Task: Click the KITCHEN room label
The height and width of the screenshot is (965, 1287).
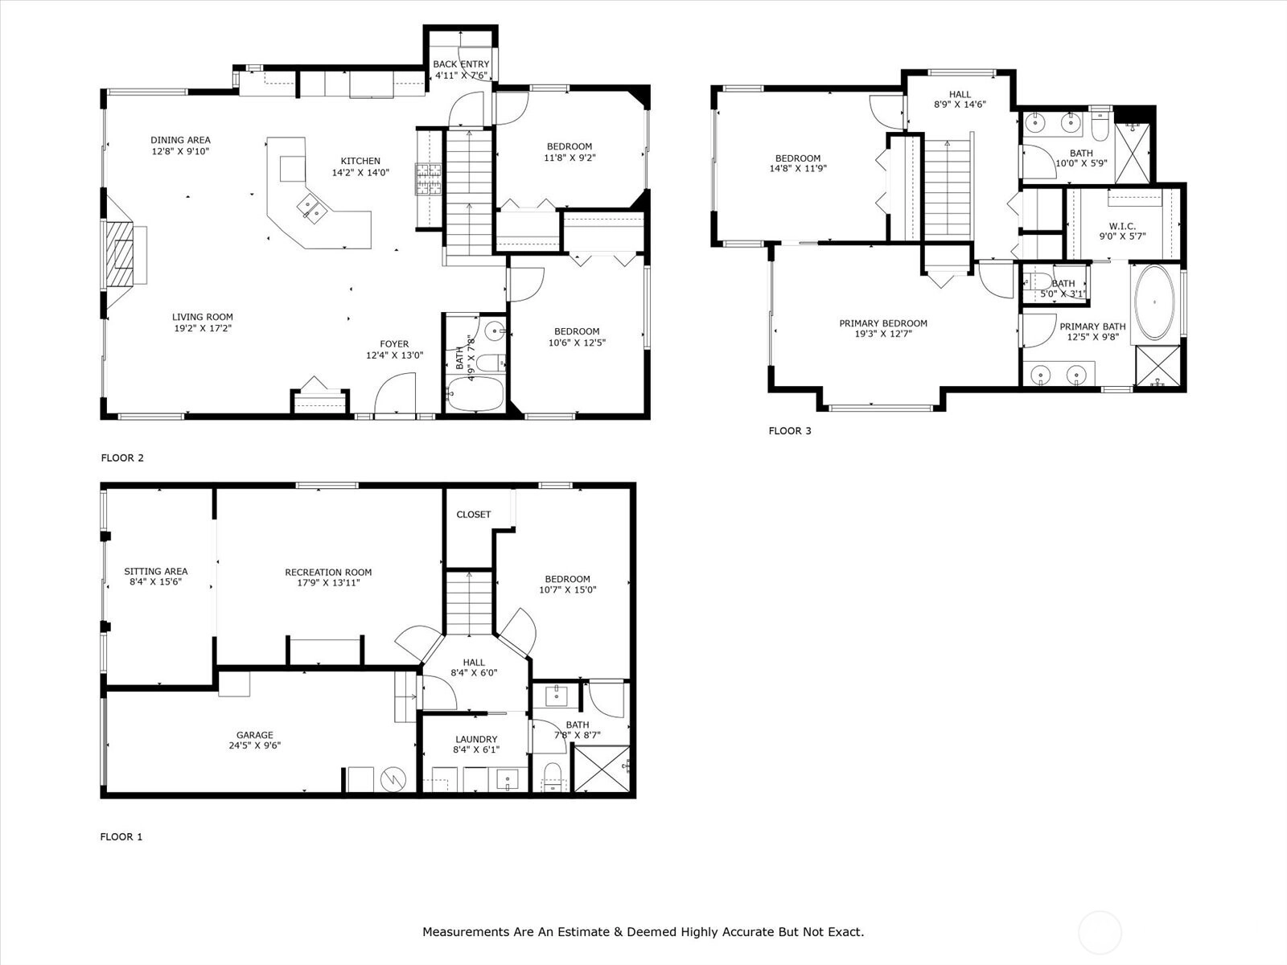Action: coord(360,161)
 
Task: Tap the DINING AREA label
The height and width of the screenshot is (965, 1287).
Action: coord(181,140)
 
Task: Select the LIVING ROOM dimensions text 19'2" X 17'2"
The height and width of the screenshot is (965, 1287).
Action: coord(203,328)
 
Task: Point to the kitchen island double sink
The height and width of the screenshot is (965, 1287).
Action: coord(310,208)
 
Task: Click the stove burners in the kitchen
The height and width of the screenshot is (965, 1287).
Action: coord(429,179)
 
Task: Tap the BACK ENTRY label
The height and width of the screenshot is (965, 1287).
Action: coord(462,64)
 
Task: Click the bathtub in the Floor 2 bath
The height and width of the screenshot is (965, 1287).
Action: coord(475,394)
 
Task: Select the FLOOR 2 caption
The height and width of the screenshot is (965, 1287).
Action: coord(122,458)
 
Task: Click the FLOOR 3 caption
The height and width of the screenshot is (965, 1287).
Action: coord(790,431)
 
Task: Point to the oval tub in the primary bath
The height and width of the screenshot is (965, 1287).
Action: coord(1154,302)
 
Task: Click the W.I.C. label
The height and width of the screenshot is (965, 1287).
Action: coord(1122,226)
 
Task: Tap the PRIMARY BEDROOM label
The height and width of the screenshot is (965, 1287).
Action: coord(883,323)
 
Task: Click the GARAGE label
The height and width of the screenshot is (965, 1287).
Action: coord(255,735)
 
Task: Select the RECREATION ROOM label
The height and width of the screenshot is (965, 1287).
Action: coord(328,572)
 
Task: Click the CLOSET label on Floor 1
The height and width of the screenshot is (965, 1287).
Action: coord(474,515)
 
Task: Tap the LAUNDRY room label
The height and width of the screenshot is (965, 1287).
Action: coord(476,739)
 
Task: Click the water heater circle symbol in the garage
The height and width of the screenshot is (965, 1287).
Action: coord(393,779)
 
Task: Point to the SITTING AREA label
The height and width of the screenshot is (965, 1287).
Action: coord(156,571)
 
